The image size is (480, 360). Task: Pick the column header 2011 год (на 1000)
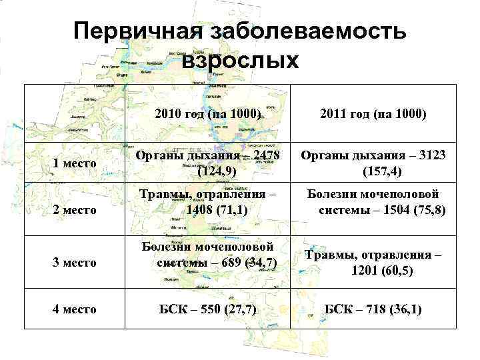point(373,114)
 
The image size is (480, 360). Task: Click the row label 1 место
point(75,163)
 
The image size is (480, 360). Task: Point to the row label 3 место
point(75,262)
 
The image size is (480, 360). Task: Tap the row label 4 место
point(75,309)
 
